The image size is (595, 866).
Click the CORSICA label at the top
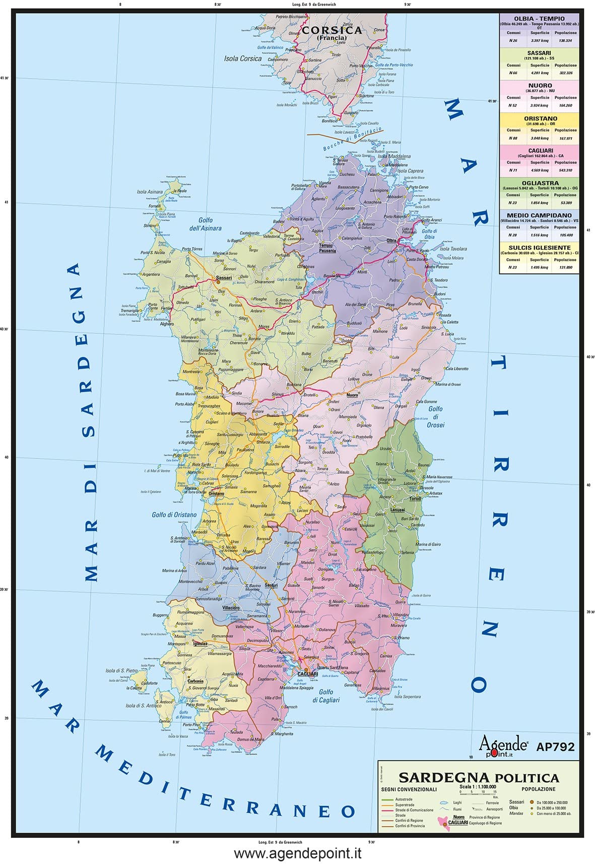click(332, 31)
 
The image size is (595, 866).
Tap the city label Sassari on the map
click(224, 277)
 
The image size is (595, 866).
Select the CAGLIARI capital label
click(307, 674)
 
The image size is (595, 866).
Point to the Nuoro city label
click(352, 395)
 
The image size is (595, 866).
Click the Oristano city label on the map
click(216, 493)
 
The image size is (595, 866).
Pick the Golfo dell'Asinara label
click(205, 224)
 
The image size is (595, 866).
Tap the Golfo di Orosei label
click(435, 417)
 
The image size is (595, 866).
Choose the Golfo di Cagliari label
click(325, 696)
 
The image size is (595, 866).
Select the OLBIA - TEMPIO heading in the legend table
click(539, 19)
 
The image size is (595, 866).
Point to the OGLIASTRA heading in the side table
click(540, 183)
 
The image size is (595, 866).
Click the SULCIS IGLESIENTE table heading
click(539, 248)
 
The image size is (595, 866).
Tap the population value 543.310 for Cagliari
click(565, 170)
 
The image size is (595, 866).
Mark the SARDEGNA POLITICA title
click(479, 778)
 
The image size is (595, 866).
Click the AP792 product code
click(555, 747)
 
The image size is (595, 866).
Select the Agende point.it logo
click(502, 745)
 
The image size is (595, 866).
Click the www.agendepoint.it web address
click(298, 853)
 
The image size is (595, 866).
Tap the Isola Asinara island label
click(150, 192)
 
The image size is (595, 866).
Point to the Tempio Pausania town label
click(326, 248)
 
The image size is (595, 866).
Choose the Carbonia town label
click(195, 681)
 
